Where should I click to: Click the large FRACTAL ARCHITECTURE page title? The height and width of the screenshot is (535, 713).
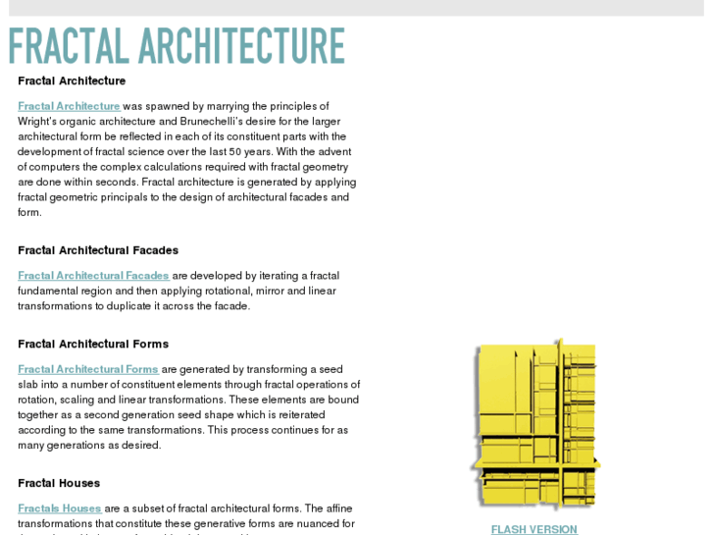coord(177,46)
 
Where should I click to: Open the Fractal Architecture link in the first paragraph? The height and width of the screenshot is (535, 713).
coord(69,106)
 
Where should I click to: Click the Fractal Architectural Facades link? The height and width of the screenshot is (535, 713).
coord(93,276)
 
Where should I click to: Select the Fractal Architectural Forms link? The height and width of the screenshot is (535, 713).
coord(88,369)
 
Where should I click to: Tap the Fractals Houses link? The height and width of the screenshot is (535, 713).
coord(60,508)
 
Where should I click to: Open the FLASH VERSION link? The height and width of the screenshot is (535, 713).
coord(534,529)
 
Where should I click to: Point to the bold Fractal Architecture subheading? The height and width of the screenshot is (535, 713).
coord(72,80)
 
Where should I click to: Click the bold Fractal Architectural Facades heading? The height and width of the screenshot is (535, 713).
coord(98,250)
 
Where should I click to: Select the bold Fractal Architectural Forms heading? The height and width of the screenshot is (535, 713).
coord(93,344)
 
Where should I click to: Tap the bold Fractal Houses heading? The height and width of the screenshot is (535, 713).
coord(59,483)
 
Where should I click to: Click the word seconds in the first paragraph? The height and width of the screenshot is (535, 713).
coord(117,183)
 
